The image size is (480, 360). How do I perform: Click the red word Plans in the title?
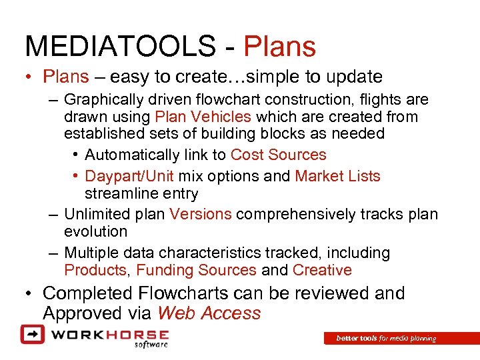[279, 47]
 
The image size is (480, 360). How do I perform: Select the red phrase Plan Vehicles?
[203, 117]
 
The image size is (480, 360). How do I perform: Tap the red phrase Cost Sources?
[278, 155]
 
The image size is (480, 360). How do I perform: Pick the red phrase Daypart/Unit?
[129, 176]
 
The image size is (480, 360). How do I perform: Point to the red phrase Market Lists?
[337, 176]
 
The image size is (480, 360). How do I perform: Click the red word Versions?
[201, 214]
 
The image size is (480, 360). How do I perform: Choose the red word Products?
[95, 270]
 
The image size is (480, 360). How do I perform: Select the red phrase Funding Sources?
[196, 270]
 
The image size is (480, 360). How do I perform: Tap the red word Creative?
[322, 270]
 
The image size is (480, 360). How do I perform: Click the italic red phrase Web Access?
[209, 313]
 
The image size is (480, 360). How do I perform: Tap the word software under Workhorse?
[151, 344]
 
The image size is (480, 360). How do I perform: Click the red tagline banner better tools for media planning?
[386, 339]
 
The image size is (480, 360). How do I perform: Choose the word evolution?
[95, 231]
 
